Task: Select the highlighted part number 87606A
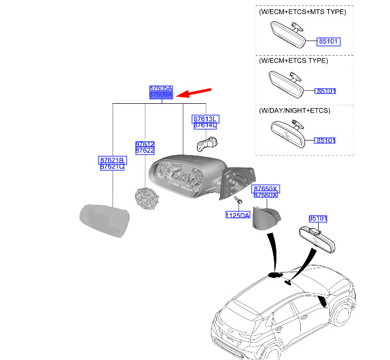click(161, 95)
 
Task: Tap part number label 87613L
click(205, 119)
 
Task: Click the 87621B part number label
click(113, 161)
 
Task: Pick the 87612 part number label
click(145, 144)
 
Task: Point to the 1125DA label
click(237, 215)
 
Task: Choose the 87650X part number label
click(265, 189)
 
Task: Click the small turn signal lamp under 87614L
click(207, 143)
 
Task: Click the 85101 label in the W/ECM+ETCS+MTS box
click(328, 42)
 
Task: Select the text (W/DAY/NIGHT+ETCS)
click(294, 111)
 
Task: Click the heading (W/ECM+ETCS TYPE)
click(293, 61)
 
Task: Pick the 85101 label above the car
click(319, 218)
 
